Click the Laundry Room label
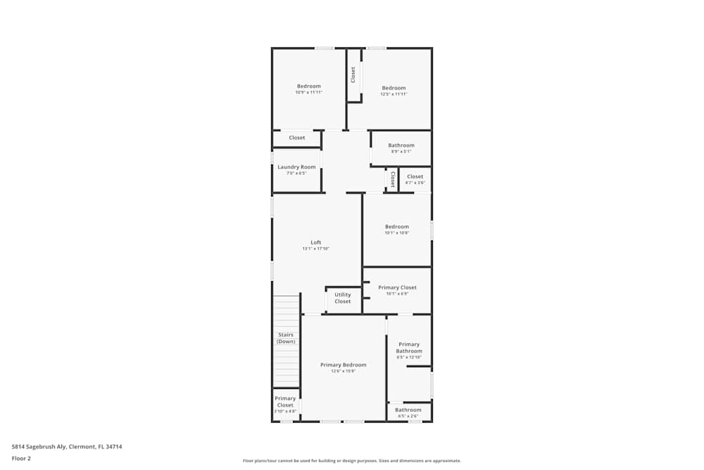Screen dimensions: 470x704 pyautogui.click(x=296, y=167)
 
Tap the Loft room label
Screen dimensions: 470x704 pyautogui.click(x=316, y=242)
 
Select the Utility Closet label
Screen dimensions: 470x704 pyautogui.click(x=343, y=298)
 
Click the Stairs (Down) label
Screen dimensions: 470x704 pyautogui.click(x=286, y=338)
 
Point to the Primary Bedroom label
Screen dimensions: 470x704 pyautogui.click(x=344, y=365)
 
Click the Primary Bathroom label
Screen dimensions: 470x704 pyautogui.click(x=409, y=347)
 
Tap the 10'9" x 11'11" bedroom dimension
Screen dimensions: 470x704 pyautogui.click(x=308, y=92)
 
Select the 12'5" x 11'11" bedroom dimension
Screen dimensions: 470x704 pyautogui.click(x=394, y=94)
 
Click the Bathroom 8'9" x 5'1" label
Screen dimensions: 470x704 pyautogui.click(x=401, y=145)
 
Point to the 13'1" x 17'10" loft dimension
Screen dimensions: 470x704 pyautogui.click(x=316, y=248)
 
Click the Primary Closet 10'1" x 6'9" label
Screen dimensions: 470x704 pyautogui.click(x=397, y=287)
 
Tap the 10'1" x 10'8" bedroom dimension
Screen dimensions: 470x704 pyautogui.click(x=397, y=233)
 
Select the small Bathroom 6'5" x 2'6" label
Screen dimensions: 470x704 pyautogui.click(x=408, y=410)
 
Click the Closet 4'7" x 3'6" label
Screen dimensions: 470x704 pyautogui.click(x=415, y=177)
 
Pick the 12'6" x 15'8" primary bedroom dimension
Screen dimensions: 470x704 pyautogui.click(x=344, y=371)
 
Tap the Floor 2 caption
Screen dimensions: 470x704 pyautogui.click(x=21, y=458)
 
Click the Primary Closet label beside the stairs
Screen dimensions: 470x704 pyautogui.click(x=285, y=402)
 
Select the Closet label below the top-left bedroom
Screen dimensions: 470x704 pyautogui.click(x=297, y=137)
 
